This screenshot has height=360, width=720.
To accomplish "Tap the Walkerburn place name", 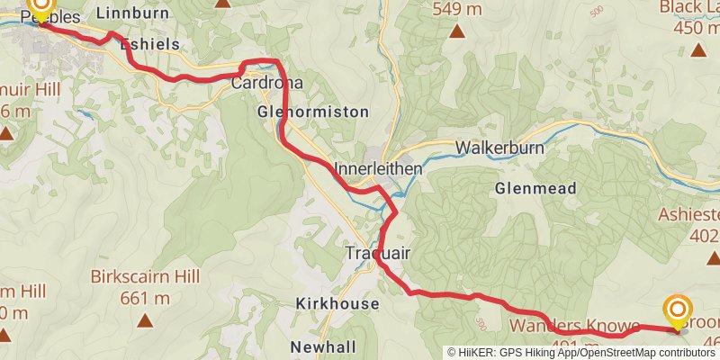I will (497, 148).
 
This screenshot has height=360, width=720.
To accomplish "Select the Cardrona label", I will (266, 83).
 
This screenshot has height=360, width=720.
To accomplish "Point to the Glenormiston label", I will (312, 112).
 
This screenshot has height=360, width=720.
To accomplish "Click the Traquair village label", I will (378, 255).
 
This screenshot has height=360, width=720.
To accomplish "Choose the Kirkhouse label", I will (337, 304).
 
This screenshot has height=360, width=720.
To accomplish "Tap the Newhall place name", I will (323, 346).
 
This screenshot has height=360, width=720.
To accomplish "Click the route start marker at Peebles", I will (40, 7).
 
